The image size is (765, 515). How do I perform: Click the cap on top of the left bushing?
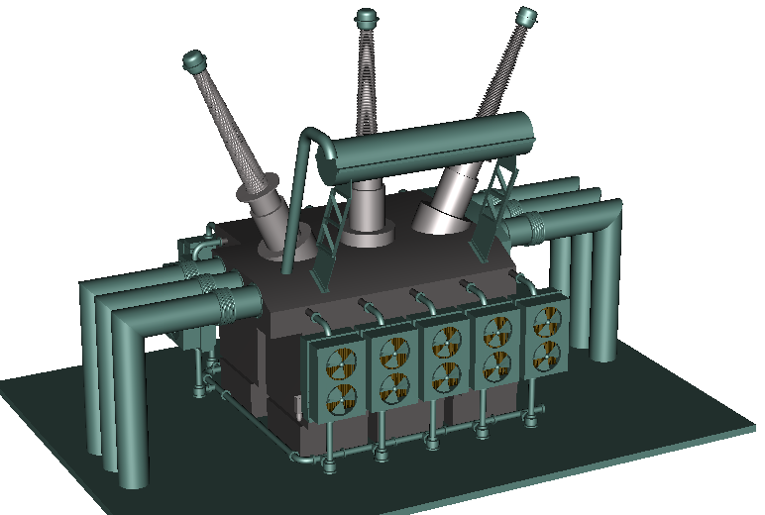[195, 61]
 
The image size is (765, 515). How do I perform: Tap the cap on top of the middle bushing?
[367, 18]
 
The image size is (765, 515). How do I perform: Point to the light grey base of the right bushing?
[446, 202]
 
